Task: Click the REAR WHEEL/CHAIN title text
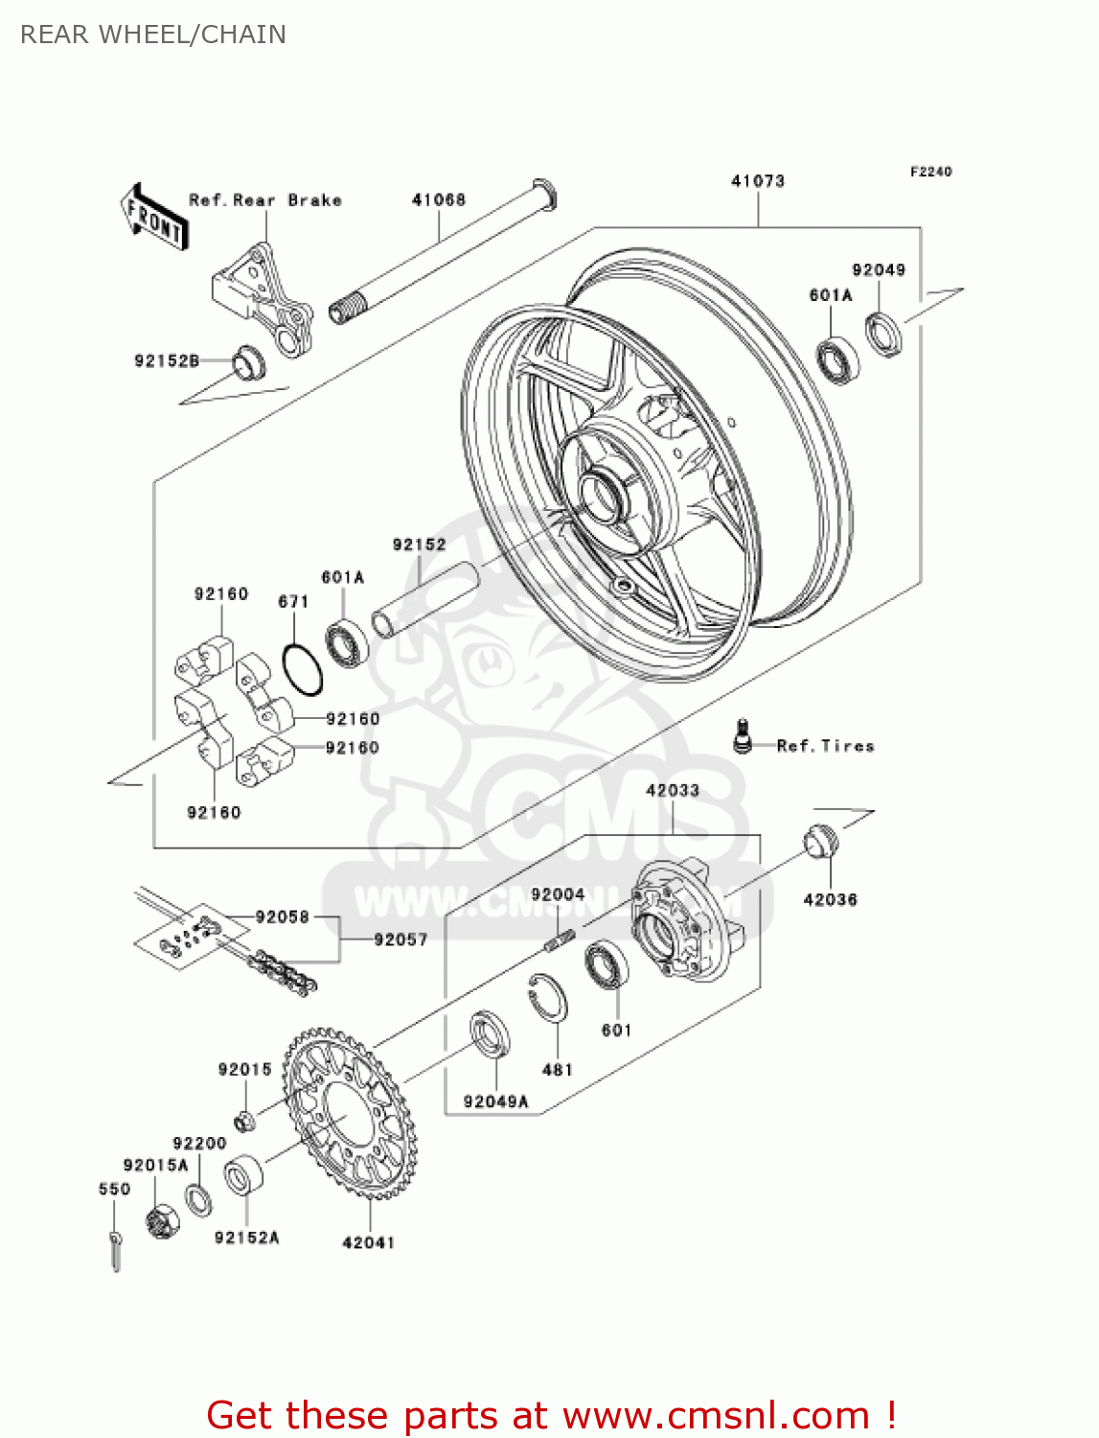tap(152, 35)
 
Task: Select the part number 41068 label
tap(438, 199)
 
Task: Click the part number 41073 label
tap(757, 180)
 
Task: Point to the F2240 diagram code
tap(930, 172)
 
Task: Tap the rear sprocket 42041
tap(351, 1113)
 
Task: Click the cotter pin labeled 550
tap(116, 1250)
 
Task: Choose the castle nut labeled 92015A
tap(163, 1221)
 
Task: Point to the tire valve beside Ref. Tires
tap(741, 735)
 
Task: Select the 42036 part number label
tap(830, 899)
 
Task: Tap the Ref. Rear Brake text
tap(264, 199)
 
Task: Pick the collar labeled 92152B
tap(248, 361)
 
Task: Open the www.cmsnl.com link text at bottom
tap(716, 1415)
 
